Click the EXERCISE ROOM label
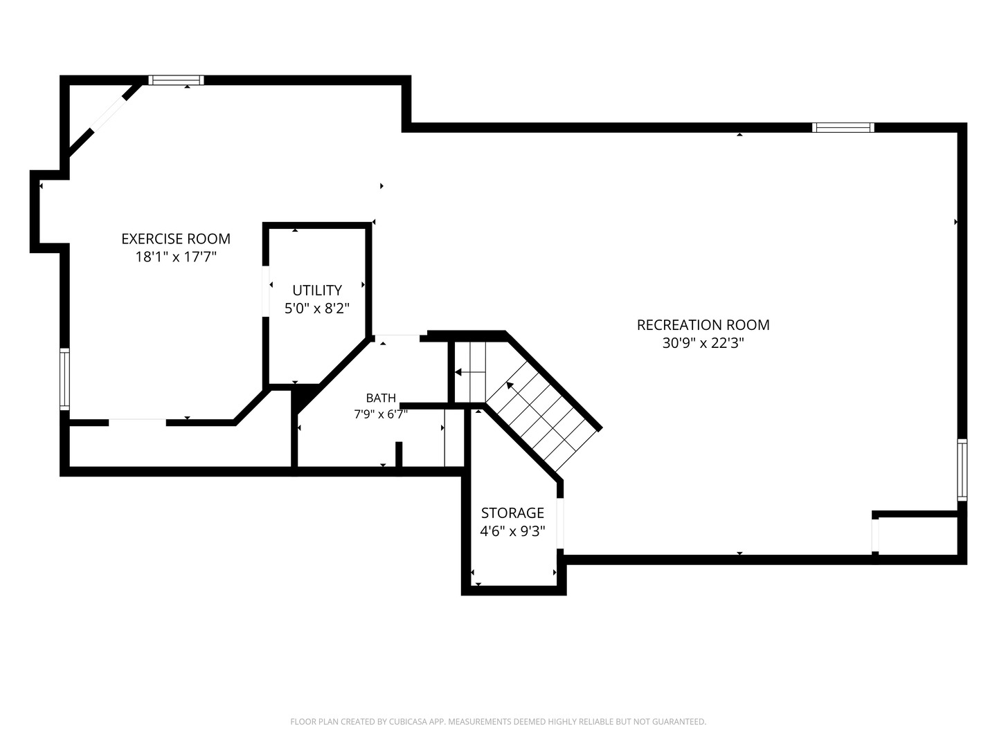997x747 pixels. [176, 239]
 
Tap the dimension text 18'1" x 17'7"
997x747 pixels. [176, 257]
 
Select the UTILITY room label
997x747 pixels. [317, 290]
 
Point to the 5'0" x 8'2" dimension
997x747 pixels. [317, 309]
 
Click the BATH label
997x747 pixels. [381, 398]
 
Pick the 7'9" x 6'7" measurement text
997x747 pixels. [381, 414]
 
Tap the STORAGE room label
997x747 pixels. [512, 513]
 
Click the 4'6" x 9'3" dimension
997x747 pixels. [512, 531]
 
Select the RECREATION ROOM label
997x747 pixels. [703, 325]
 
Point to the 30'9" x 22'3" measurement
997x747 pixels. [703, 343]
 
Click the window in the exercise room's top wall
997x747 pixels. [176, 80]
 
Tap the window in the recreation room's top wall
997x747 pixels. [843, 127]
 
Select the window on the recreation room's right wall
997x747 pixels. [962, 470]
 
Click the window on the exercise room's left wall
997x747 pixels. [64, 379]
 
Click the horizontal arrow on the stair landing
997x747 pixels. [470, 372]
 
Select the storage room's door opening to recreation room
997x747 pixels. [560, 524]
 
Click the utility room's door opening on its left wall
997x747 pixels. [266, 291]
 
